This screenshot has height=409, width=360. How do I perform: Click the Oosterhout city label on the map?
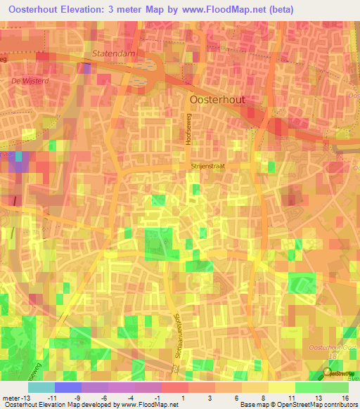[218, 100]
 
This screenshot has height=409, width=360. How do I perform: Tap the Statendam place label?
[113, 53]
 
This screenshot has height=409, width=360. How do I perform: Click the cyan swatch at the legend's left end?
[41, 387]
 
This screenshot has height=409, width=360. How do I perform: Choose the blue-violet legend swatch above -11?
[67, 387]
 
